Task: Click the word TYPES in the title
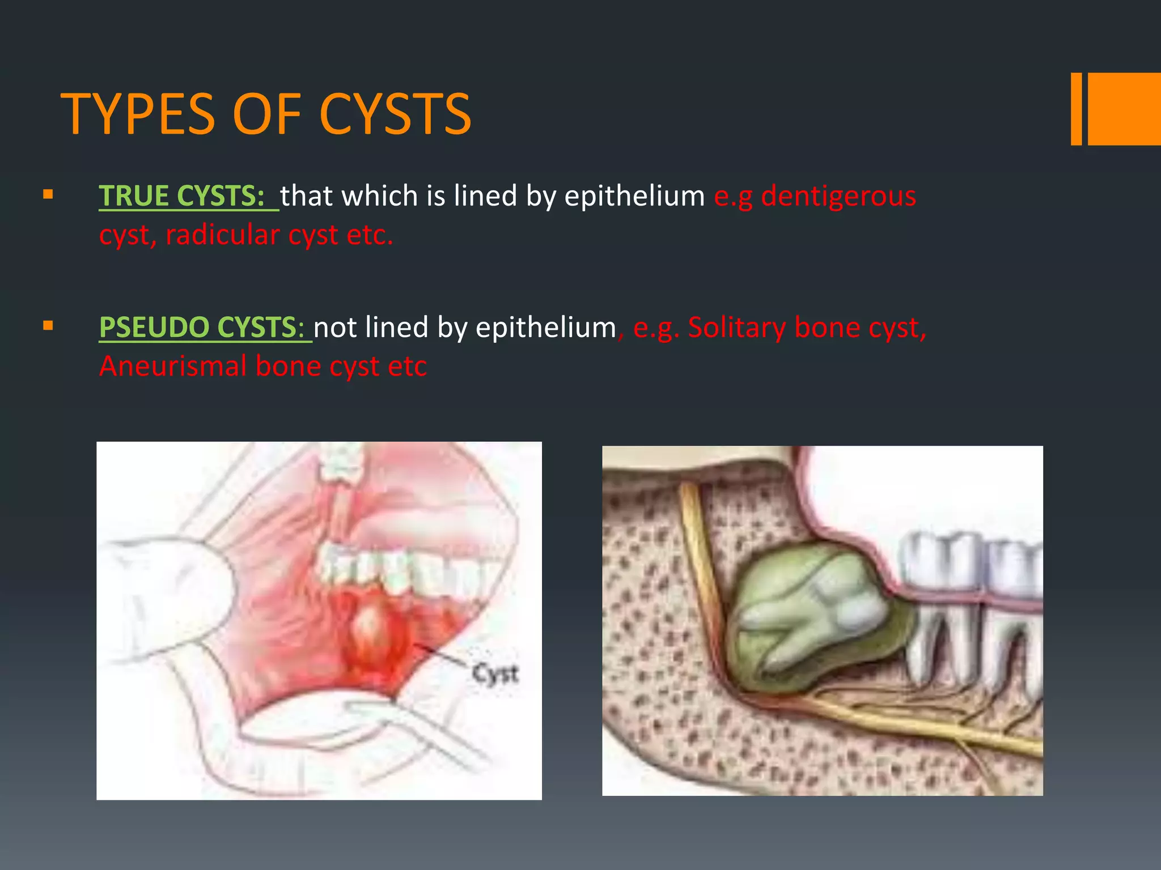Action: click(138, 114)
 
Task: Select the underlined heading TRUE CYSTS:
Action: click(182, 196)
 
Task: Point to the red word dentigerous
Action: click(838, 196)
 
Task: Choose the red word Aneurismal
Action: click(173, 366)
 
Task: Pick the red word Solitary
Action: click(736, 327)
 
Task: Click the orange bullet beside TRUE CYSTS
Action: click(48, 195)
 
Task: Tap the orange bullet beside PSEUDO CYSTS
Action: click(48, 326)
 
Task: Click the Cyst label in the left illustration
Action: click(495, 673)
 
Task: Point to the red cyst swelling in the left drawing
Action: click(374, 629)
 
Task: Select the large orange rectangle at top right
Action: click(1124, 109)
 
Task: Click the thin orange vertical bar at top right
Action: click(1076, 109)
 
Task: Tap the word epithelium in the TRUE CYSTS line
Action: click(634, 196)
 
